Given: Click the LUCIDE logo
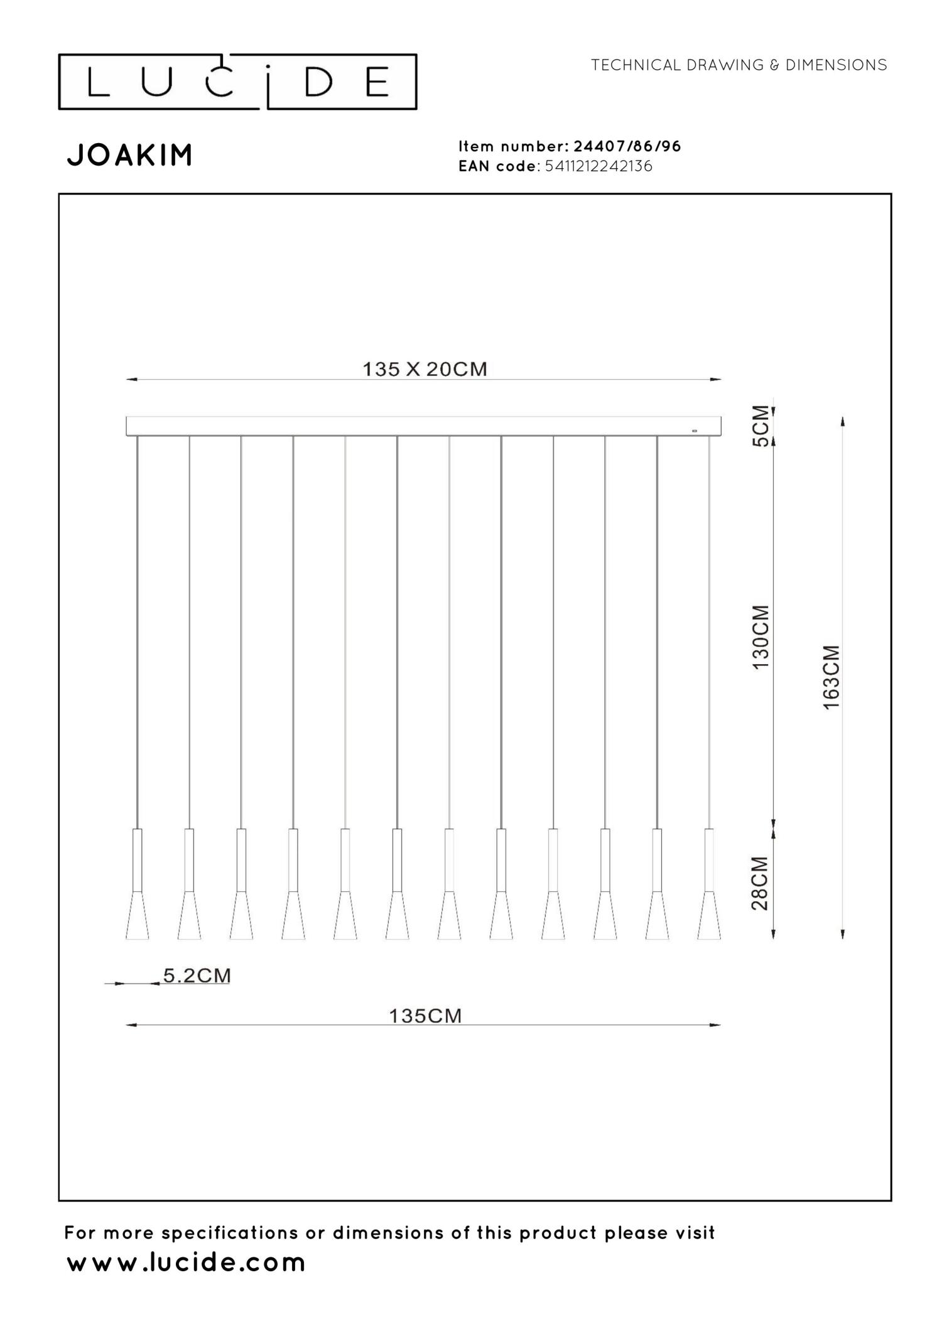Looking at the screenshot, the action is coord(237,82).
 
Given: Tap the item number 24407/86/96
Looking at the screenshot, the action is coord(627,146).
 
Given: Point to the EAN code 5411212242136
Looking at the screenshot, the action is coord(599,166).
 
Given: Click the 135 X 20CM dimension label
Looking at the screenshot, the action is coord(425,369).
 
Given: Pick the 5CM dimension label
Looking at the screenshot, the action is coord(761,426).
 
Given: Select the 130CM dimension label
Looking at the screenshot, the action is coord(761,637).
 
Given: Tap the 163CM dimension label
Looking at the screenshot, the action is coord(831,678).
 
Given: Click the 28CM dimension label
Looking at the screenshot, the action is coord(761,883).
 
